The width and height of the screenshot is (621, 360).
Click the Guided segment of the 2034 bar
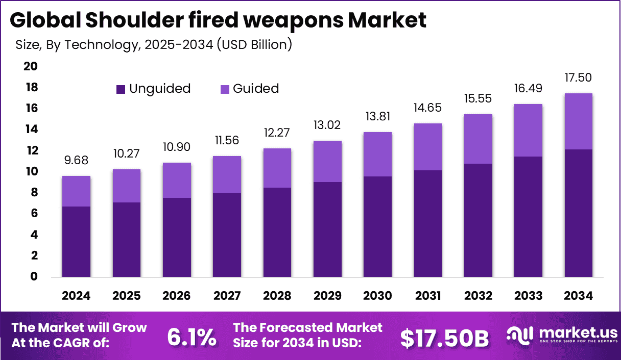click(x=578, y=121)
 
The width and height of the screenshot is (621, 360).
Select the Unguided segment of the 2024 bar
click(x=77, y=242)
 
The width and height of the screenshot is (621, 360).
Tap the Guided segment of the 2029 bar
click(x=327, y=161)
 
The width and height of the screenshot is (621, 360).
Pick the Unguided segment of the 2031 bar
click(x=427, y=224)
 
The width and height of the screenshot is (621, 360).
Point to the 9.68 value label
click(x=77, y=161)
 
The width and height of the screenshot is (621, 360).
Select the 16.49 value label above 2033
click(x=528, y=89)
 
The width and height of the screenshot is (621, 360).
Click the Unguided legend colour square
click(x=121, y=89)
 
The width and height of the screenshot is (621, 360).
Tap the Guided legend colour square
click(x=225, y=89)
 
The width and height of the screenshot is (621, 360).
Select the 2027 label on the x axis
click(x=227, y=296)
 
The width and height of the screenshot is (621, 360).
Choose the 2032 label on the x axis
click(x=478, y=296)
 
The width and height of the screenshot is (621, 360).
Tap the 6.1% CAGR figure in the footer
click(x=192, y=337)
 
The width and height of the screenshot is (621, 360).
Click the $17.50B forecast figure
click(x=444, y=338)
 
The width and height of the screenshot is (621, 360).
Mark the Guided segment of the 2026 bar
click(x=177, y=180)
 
